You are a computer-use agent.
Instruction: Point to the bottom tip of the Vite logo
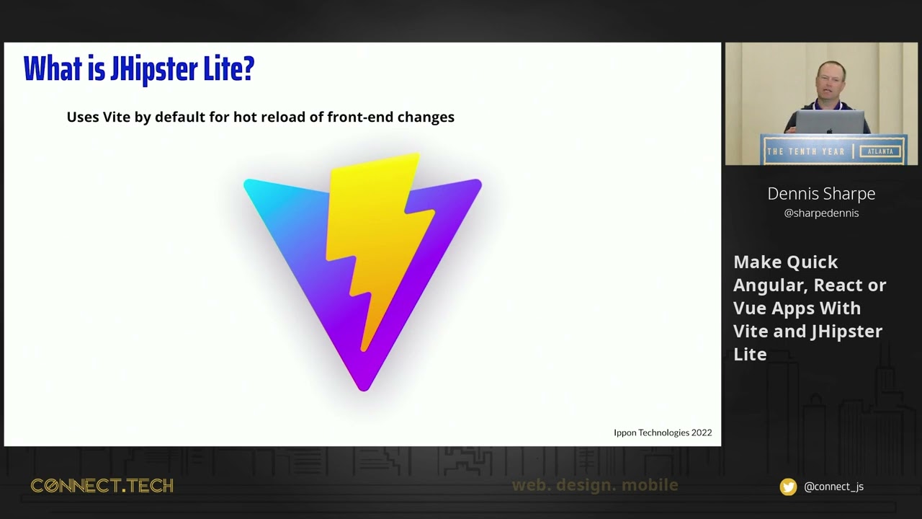[364, 388]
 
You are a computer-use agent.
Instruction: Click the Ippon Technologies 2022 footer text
[663, 432]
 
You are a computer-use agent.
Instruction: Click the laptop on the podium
[830, 123]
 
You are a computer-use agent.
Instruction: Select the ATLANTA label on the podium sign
[880, 151]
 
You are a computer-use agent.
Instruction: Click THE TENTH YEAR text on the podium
[805, 151]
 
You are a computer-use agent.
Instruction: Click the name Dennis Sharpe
[821, 193]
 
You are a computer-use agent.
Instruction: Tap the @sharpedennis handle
[821, 213]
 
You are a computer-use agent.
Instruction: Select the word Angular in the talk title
[765, 285]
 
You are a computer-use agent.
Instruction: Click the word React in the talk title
[836, 285]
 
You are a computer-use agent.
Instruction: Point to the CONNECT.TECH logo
[102, 486]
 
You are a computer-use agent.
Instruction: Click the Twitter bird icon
[789, 487]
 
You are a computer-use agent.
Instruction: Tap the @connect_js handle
[833, 487]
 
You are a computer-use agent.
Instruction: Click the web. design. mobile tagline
[595, 485]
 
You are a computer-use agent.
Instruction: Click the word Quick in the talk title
[812, 262]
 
